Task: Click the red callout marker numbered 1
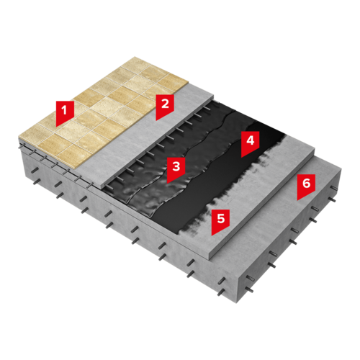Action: pyautogui.click(x=65, y=112)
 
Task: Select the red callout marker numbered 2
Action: pyautogui.click(x=165, y=105)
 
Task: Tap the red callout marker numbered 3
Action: pyautogui.click(x=176, y=168)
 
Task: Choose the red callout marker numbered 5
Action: pyautogui.click(x=220, y=220)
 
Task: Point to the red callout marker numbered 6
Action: pyautogui.click(x=306, y=185)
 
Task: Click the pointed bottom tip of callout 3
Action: pyautogui.click(x=168, y=184)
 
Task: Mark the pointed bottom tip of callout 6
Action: pyautogui.click(x=297, y=200)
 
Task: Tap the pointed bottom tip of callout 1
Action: pyautogui.click(x=57, y=127)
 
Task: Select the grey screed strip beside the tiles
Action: pyautogui.click(x=146, y=135)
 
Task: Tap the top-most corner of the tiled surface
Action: pyautogui.click(x=135, y=57)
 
